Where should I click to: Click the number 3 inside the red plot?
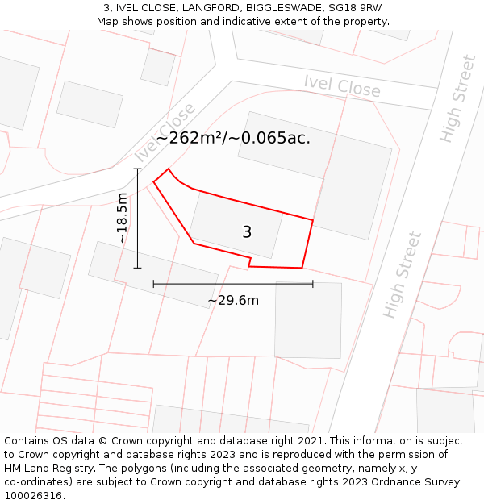click(247, 232)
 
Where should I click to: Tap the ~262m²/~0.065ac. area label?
click(233, 138)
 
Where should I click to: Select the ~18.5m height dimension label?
click(122, 218)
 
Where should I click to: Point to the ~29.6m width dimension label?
click(233, 301)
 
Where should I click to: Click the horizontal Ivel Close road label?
click(342, 85)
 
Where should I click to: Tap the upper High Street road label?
click(458, 99)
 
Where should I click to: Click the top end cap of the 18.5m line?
click(138, 169)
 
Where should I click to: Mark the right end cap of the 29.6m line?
click(313, 284)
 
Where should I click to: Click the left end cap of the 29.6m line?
click(153, 284)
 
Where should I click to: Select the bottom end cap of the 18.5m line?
click(138, 268)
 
